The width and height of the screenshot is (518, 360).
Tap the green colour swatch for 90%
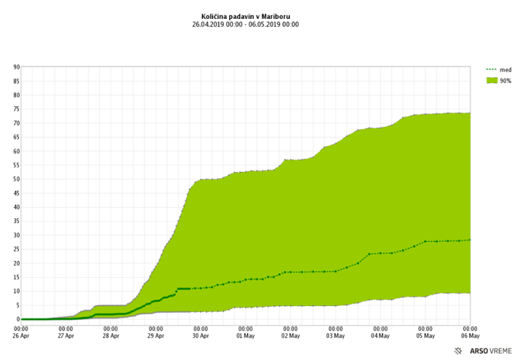click(x=492, y=81)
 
